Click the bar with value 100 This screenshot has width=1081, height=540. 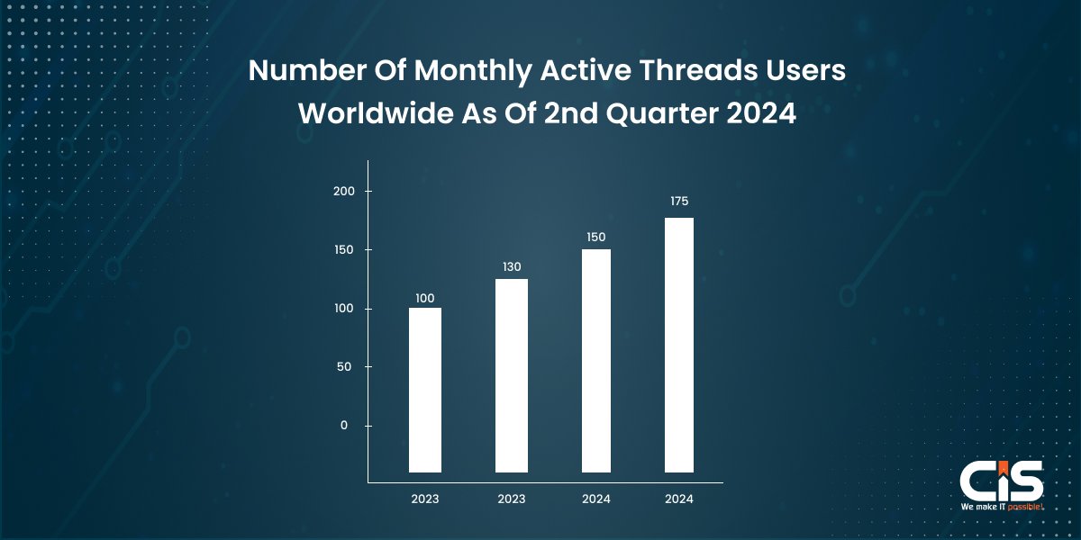pos(424,390)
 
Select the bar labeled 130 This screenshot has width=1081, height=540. pos(511,375)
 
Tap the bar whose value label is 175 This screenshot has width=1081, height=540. pos(679,345)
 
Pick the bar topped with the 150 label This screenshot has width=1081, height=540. pos(595,360)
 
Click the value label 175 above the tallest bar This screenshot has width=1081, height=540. pos(679,202)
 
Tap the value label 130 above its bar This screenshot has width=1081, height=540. pos(511,267)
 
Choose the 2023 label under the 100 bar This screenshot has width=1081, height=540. pos(424,498)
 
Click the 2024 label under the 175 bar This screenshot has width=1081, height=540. pos(679,498)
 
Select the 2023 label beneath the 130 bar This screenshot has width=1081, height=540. pos(511,498)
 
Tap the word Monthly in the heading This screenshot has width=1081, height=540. pos(459,73)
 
